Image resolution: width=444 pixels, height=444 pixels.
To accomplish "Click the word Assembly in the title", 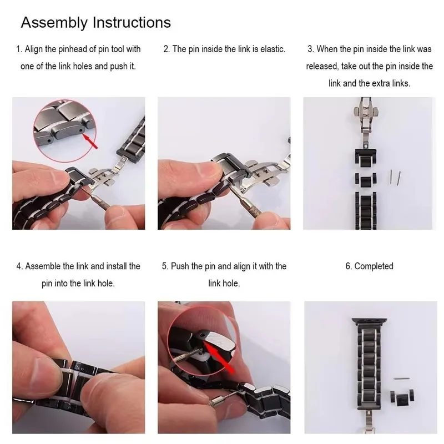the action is (54, 23).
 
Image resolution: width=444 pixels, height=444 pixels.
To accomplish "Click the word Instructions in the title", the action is (132, 22).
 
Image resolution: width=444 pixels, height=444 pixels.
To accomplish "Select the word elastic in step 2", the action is (273, 49).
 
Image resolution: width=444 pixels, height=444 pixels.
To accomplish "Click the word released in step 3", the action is (322, 66).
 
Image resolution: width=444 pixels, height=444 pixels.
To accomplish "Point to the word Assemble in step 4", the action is (43, 266).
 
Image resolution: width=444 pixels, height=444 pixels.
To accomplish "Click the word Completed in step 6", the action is (374, 266).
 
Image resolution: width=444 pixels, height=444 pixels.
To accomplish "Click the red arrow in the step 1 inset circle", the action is (90, 142).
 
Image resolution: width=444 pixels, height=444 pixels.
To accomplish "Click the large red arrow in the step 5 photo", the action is (220, 357).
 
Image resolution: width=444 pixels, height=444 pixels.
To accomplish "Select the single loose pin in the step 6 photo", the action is (402, 379).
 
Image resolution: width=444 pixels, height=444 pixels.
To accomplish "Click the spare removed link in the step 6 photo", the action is (402, 396).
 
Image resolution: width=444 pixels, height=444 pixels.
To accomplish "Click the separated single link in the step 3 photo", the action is (366, 181).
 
